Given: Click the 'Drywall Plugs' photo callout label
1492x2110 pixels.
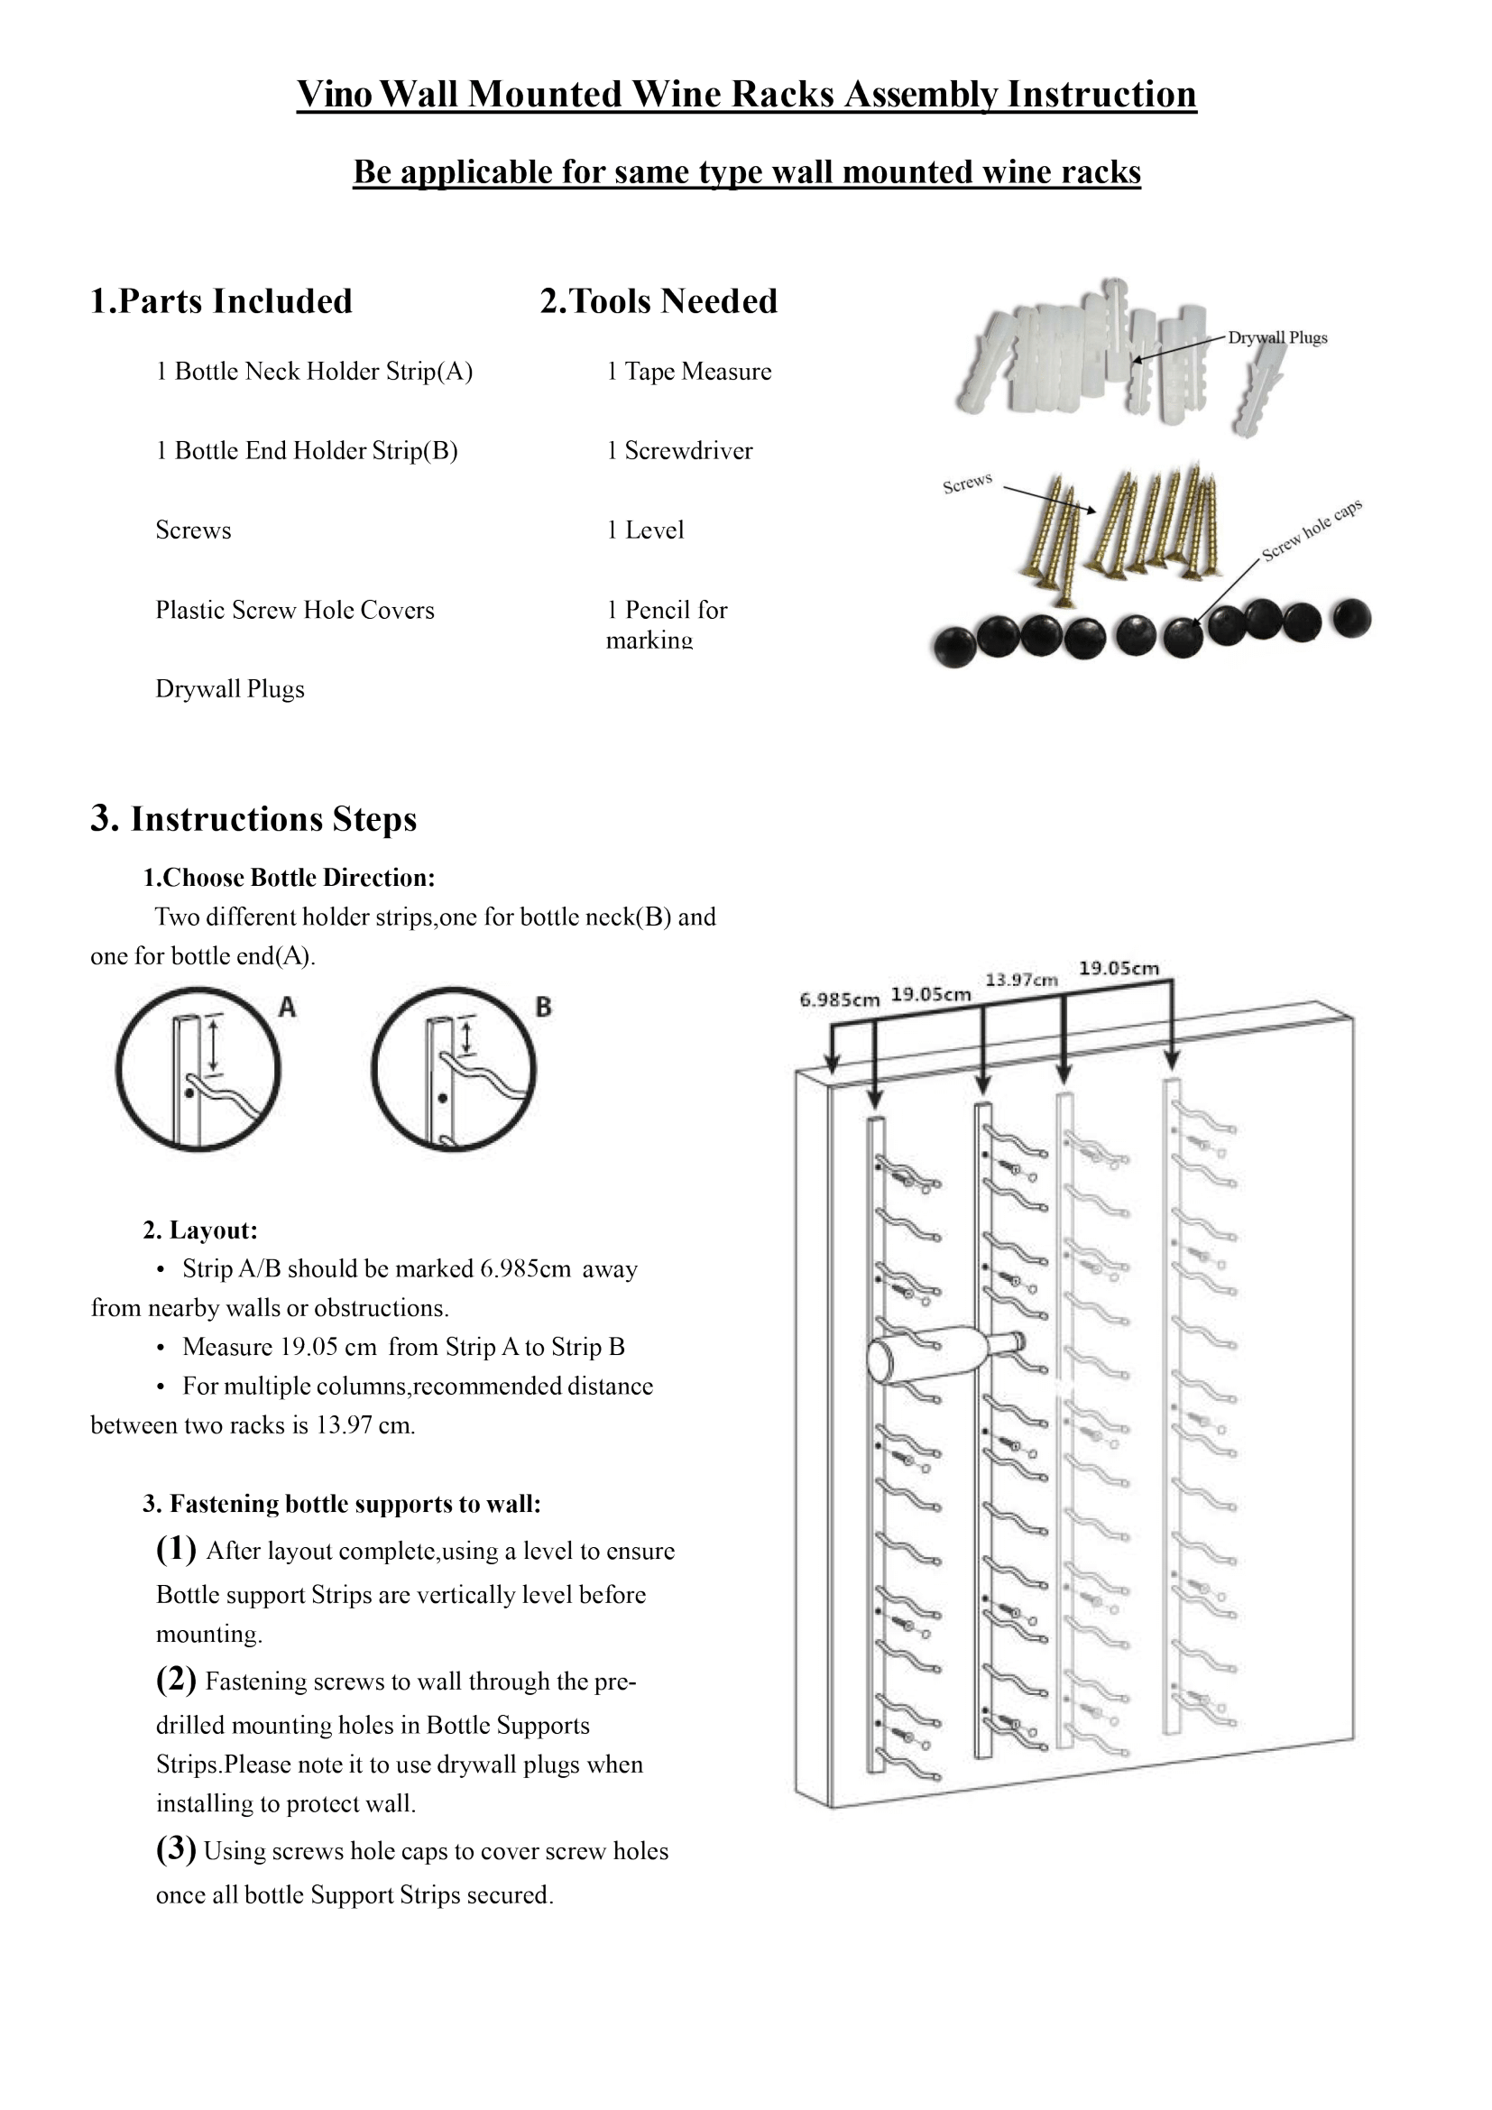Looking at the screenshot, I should [x=1277, y=337].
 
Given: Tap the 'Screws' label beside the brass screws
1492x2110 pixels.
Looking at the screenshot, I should [x=966, y=483].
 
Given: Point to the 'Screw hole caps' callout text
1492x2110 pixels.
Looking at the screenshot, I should [x=1311, y=530].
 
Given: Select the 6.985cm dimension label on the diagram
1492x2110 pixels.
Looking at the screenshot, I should [x=839, y=999].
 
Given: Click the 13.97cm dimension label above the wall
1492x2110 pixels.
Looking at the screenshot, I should [x=1021, y=980].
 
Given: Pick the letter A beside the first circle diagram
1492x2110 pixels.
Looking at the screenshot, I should [x=288, y=1008].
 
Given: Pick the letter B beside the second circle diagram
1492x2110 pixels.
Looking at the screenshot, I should [x=543, y=1008].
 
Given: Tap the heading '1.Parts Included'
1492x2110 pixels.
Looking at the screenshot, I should [x=221, y=301].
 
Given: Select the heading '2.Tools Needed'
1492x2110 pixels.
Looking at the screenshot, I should [x=659, y=301].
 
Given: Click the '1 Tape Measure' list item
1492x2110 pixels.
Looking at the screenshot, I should [x=689, y=372].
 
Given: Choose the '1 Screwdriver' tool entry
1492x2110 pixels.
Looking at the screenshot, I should [x=680, y=450].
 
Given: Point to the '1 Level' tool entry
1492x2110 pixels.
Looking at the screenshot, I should [x=646, y=530].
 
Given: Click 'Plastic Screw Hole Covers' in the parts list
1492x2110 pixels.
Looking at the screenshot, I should [x=295, y=610].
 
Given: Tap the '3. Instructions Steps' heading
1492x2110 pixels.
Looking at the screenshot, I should [x=253, y=819].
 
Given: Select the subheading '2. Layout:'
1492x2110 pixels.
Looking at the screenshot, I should [x=200, y=1230].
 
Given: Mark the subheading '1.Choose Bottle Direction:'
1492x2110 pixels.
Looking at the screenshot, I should [x=289, y=878].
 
